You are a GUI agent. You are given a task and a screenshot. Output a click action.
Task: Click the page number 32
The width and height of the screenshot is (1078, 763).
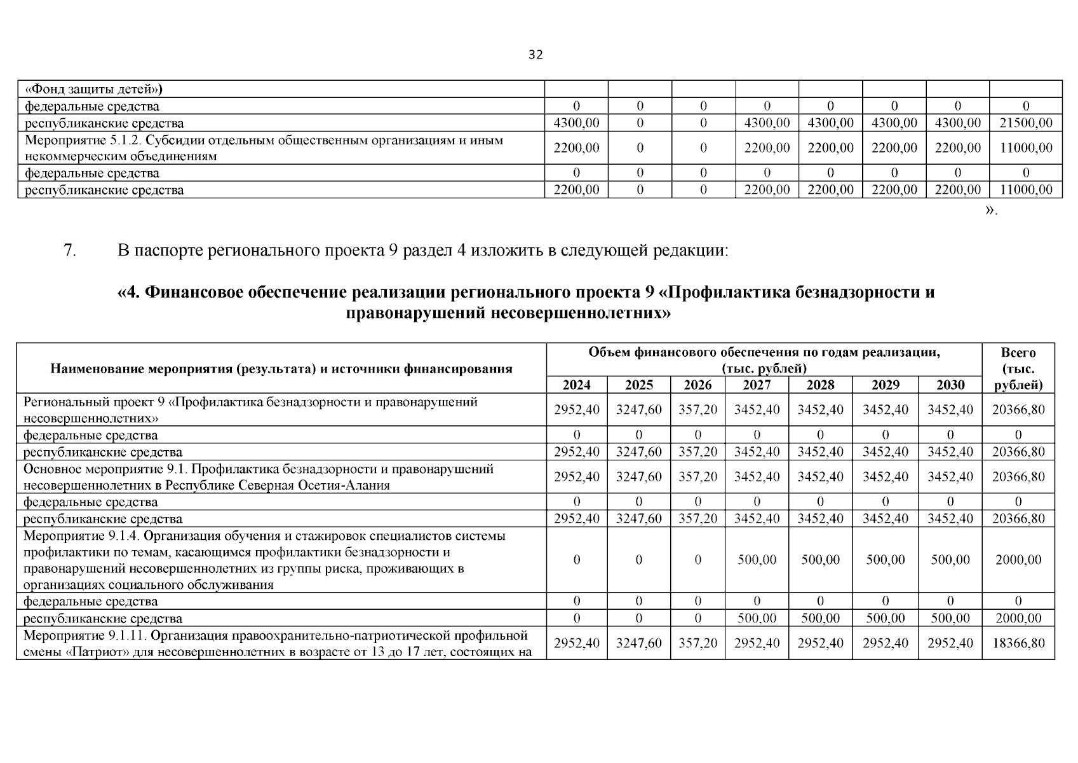click(536, 55)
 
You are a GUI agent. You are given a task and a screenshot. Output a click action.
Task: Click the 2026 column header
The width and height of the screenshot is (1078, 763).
click(697, 385)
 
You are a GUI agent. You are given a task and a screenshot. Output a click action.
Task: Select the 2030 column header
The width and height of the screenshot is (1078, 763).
click(950, 385)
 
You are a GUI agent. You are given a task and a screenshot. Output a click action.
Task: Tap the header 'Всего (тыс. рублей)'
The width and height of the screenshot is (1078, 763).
click(1018, 369)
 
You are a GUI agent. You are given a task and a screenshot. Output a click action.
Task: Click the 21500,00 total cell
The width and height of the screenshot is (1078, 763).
click(1025, 123)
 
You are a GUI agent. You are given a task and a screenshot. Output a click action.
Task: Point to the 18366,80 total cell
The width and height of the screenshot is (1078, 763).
click(1018, 643)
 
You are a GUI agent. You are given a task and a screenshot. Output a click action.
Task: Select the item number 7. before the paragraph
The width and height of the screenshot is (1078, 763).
click(71, 251)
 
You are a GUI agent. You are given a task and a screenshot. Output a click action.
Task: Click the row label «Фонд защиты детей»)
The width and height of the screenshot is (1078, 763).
click(93, 89)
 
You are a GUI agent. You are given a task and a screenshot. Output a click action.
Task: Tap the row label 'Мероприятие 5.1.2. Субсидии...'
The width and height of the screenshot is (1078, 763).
click(264, 148)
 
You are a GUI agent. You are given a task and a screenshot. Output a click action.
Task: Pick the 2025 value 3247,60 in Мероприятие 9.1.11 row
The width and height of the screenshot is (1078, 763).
click(638, 643)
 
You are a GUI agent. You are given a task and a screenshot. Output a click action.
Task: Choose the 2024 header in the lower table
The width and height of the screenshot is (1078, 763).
click(576, 385)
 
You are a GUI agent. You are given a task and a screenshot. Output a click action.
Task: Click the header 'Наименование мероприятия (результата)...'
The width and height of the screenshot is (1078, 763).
click(281, 369)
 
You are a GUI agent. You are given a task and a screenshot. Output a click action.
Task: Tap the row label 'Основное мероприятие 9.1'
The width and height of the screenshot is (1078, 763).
click(258, 477)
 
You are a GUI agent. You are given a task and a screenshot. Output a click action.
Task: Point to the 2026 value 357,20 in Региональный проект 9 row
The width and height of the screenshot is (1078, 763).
click(697, 409)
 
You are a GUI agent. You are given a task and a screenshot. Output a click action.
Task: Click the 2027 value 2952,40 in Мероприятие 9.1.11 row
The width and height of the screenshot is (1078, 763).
click(757, 643)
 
